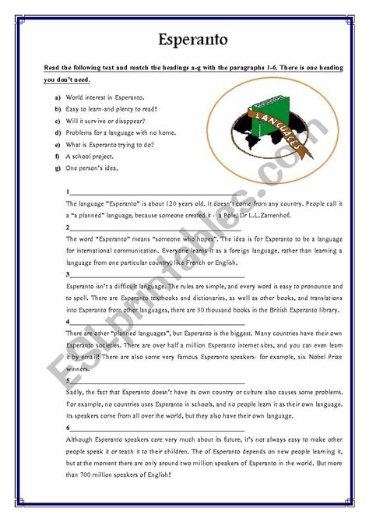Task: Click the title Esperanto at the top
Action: point(184,39)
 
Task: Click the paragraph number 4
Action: point(69,321)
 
